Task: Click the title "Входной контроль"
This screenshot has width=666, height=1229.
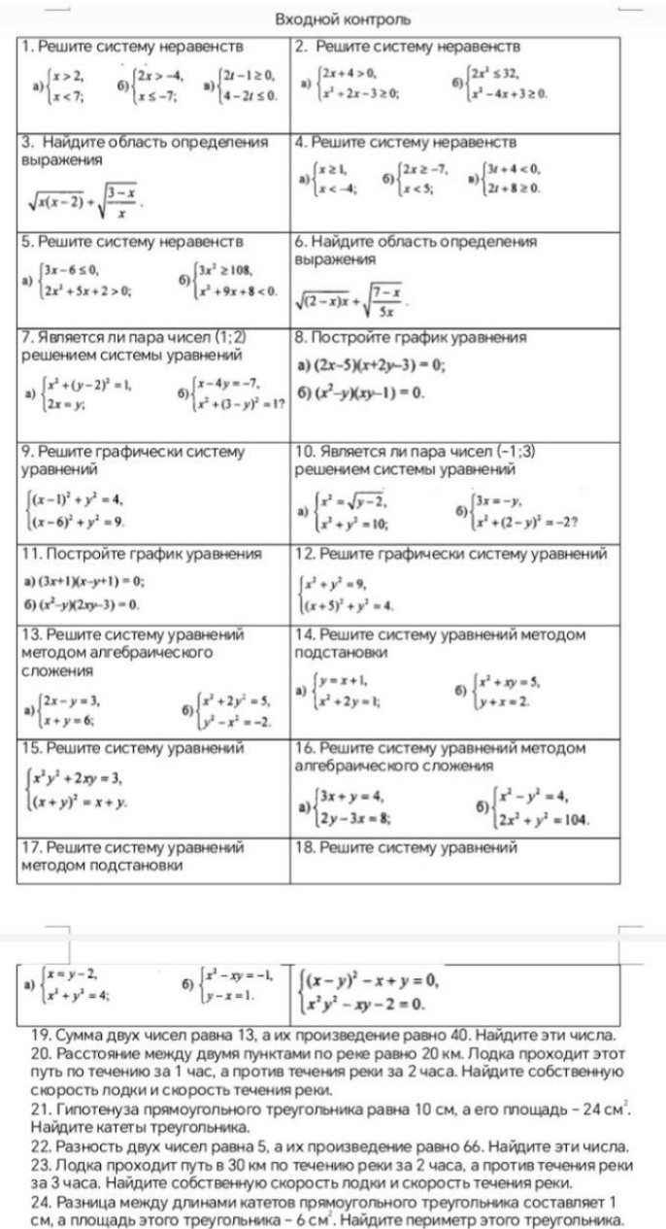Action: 343,18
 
